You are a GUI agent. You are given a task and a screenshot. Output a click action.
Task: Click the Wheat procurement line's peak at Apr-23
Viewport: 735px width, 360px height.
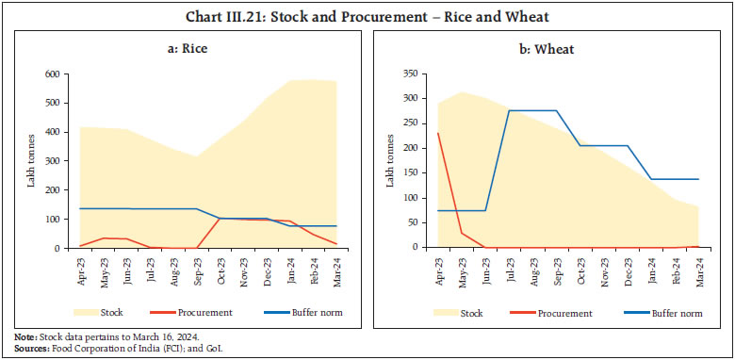[x=439, y=133]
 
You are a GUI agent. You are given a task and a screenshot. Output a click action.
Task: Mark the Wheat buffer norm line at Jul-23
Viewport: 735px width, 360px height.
[x=511, y=111]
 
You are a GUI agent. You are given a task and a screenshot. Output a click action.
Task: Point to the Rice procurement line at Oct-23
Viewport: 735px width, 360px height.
[x=220, y=219]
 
